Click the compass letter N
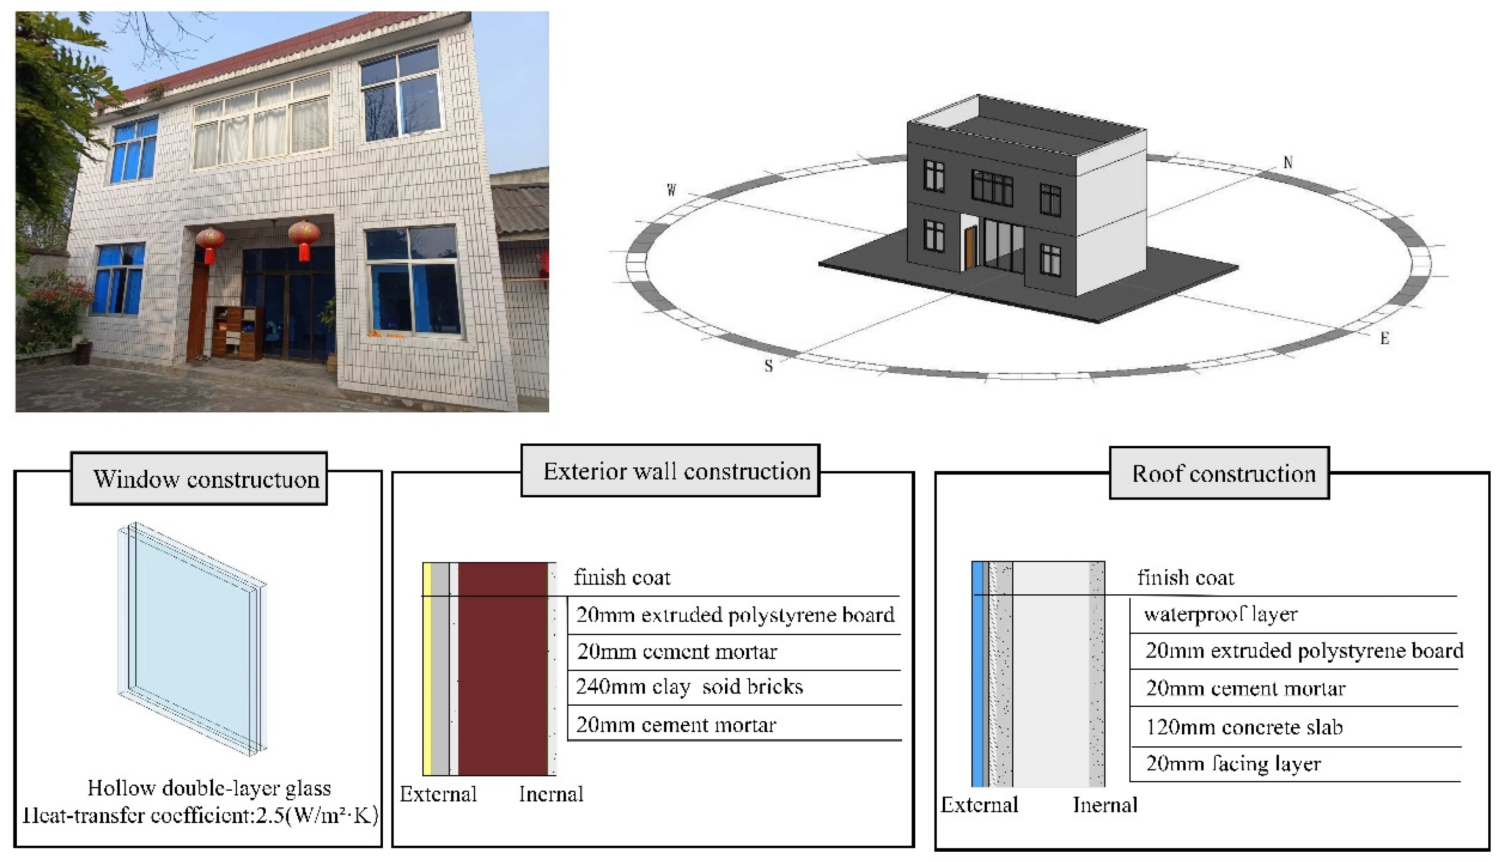pos(1288,162)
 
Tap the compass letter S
pos(768,366)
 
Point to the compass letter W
pos(671,190)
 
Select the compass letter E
pos(1385,339)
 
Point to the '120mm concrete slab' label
pos(1244,727)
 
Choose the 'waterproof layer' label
pos(1220,614)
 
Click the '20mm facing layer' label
pos(1233,764)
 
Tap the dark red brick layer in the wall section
pos(503,669)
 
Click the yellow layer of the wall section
pos(427,669)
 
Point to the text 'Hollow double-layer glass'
pos(209,788)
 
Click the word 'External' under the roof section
pos(979,805)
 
